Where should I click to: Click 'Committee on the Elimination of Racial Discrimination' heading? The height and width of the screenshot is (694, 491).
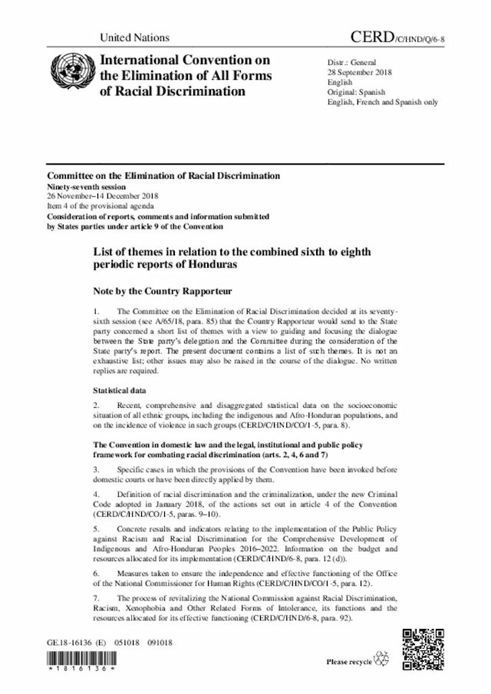[x=163, y=176]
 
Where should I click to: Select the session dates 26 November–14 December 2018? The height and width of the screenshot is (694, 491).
[x=102, y=196]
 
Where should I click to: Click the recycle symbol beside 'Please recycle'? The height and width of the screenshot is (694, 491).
[x=381, y=660]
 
